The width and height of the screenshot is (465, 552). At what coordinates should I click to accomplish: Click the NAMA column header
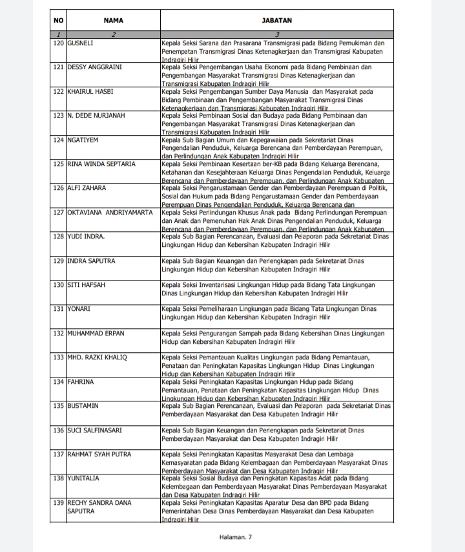[x=113, y=21]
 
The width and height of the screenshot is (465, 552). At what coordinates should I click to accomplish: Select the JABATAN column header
[x=276, y=21]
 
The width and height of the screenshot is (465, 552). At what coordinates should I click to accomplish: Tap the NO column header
[x=59, y=21]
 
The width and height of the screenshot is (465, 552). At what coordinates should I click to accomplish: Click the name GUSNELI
[x=83, y=43]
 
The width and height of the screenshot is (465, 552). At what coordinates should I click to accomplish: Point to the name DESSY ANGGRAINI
[x=95, y=67]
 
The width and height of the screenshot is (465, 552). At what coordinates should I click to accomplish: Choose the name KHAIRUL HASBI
[x=90, y=92]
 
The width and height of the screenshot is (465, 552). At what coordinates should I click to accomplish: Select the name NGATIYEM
[x=85, y=140]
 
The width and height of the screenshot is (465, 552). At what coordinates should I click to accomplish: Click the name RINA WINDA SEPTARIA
[x=101, y=164]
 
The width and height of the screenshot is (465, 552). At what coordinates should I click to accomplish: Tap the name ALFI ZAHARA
[x=87, y=188]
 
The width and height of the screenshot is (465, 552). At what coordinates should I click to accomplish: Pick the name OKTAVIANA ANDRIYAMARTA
[x=110, y=212]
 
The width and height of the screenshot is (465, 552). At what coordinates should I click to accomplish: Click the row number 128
[x=59, y=237]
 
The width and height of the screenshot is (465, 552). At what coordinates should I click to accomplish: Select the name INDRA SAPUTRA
[x=92, y=261]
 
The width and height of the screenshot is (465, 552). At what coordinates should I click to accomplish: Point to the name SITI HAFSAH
[x=87, y=285]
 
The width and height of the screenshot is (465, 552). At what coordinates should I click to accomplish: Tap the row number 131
[x=59, y=309]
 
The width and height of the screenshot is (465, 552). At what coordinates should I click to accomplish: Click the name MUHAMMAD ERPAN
[x=96, y=334]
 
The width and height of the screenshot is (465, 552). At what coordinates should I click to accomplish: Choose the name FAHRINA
[x=81, y=382]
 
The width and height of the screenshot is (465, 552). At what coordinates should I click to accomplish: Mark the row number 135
[x=59, y=406]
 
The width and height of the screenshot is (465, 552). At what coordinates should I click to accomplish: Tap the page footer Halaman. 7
[x=236, y=537]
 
